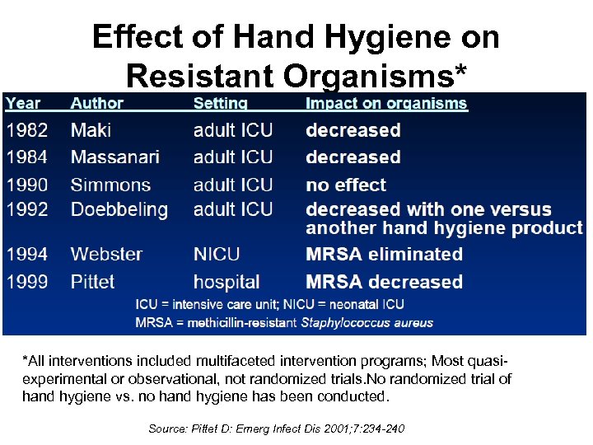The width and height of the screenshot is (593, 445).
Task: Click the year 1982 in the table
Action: [26, 130]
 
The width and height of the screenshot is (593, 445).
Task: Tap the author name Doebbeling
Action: [119, 209]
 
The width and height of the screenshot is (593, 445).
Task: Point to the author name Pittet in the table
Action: [92, 282]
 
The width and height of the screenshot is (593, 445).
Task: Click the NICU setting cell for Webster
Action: [217, 254]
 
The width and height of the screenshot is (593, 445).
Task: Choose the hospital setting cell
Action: [226, 282]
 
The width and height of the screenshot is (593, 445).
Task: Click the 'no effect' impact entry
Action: [346, 185]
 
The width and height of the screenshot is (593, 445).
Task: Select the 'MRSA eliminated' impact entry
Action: [384, 254]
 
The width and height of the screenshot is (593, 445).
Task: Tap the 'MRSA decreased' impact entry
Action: [384, 282]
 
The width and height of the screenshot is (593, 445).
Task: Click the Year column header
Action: [23, 104]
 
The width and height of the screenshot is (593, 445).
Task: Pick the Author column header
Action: [96, 104]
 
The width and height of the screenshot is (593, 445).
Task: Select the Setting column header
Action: [220, 104]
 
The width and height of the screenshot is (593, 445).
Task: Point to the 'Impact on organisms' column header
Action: [386, 104]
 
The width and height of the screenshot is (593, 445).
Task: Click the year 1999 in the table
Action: [26, 282]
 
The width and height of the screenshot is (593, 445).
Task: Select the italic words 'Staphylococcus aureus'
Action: [367, 322]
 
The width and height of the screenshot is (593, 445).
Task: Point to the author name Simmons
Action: [110, 185]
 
